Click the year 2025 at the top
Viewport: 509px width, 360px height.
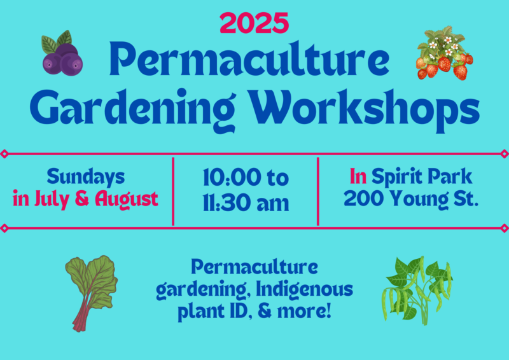pos(254,23)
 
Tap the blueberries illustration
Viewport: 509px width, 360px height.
pos(62,53)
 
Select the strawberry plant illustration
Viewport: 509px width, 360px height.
pos(444,53)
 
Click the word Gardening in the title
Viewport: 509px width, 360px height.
pos(132,109)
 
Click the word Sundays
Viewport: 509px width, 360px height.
pos(86,177)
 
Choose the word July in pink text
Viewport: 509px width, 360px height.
pos(52,199)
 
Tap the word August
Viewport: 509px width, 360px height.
pos(127,199)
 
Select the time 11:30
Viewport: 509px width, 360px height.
pos(227,203)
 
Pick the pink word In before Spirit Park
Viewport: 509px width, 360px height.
pos(358,176)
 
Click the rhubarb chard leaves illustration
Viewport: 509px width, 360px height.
pos(91,293)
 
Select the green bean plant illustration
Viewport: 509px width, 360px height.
pos(418,290)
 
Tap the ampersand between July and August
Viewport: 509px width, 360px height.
pos(82,198)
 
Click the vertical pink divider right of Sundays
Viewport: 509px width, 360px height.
pos(173,191)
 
